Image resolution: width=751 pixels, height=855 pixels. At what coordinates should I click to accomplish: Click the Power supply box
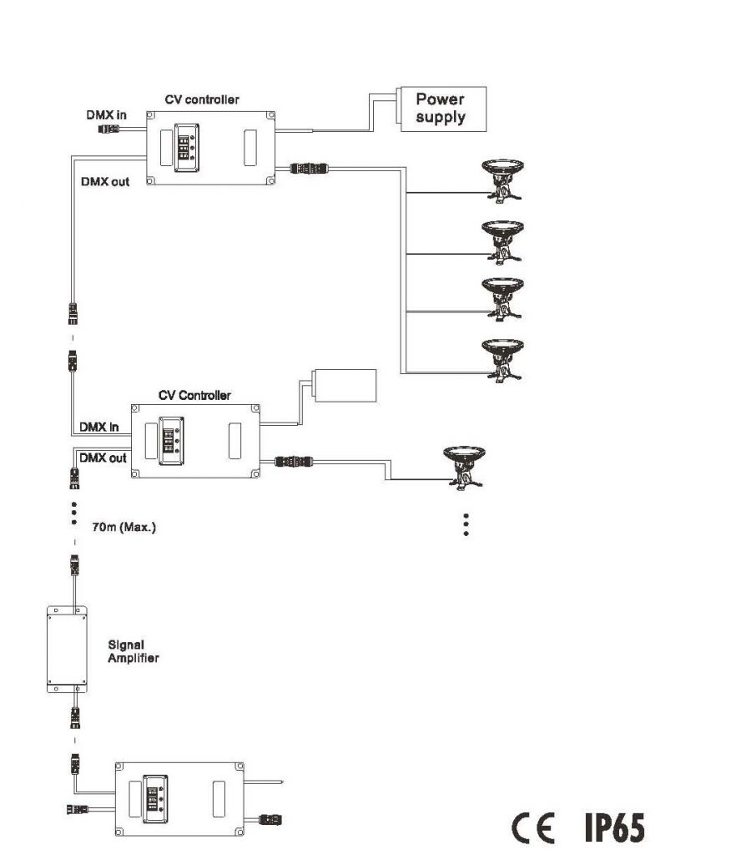tap(441, 108)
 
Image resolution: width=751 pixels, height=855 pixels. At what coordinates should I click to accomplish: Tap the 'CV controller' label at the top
tap(202, 99)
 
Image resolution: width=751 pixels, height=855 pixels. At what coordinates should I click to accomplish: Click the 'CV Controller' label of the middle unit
tap(194, 395)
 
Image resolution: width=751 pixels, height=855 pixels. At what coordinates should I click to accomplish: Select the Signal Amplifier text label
tap(133, 651)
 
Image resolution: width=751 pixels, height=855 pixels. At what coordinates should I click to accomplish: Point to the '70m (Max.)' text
tap(123, 528)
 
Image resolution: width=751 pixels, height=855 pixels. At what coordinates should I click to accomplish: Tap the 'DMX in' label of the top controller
tap(106, 114)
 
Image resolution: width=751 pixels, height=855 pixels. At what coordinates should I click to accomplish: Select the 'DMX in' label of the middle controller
tap(98, 427)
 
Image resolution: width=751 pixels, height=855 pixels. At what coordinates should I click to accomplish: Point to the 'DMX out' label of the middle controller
tap(103, 458)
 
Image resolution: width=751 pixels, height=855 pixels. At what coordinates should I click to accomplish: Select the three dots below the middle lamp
tap(466, 524)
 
